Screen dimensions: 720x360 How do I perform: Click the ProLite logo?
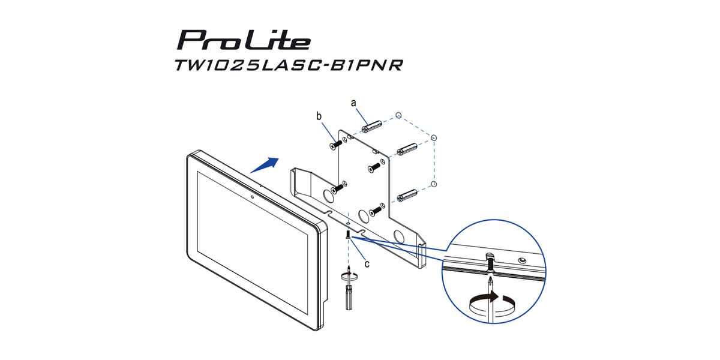244,40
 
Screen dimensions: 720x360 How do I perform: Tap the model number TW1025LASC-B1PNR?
289,65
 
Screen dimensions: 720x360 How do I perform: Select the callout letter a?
353,103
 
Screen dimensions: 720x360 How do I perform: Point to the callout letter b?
319,116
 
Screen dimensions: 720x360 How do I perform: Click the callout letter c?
367,264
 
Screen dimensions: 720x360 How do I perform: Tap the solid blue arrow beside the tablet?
264,165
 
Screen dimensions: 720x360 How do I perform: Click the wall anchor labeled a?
371,127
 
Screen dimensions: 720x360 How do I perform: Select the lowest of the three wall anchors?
407,196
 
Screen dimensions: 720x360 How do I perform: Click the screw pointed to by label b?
336,145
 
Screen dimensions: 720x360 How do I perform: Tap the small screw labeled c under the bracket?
348,234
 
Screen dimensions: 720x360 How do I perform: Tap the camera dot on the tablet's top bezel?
253,197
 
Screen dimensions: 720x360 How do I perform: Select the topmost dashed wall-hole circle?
398,115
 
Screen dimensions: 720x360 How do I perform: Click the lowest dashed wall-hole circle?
434,184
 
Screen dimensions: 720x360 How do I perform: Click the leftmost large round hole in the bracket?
328,196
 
